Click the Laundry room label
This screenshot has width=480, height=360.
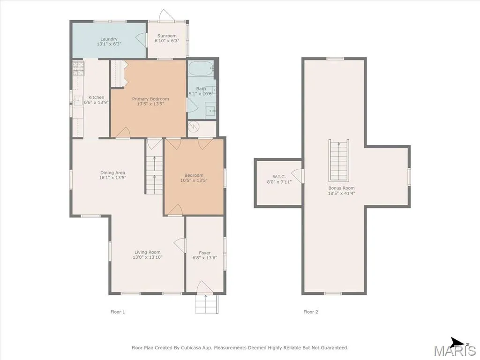coord(109,39)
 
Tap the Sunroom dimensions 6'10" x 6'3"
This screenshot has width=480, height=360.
coord(167,41)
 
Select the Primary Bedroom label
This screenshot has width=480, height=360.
coord(150,99)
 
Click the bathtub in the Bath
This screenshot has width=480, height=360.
coord(201,68)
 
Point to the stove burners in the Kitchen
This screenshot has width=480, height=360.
coord(78,68)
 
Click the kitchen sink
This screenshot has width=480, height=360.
coord(78,100)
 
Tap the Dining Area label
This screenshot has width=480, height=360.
coord(112,172)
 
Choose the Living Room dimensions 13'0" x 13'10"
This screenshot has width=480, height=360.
coord(148,257)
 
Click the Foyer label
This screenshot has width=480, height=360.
coord(205,253)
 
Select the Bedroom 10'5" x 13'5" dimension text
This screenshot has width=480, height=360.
coord(194,180)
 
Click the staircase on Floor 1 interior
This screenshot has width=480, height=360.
coord(154,174)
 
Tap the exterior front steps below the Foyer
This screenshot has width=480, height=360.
coord(207,304)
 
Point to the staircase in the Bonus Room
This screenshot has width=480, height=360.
coord(339,160)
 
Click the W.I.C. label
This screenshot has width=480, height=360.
coord(279,177)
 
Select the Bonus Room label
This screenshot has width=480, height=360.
coord(342,188)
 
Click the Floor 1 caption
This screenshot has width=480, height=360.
coord(118,312)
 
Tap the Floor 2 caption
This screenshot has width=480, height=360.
coord(311,312)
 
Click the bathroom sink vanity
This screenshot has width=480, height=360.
coord(210,111)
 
